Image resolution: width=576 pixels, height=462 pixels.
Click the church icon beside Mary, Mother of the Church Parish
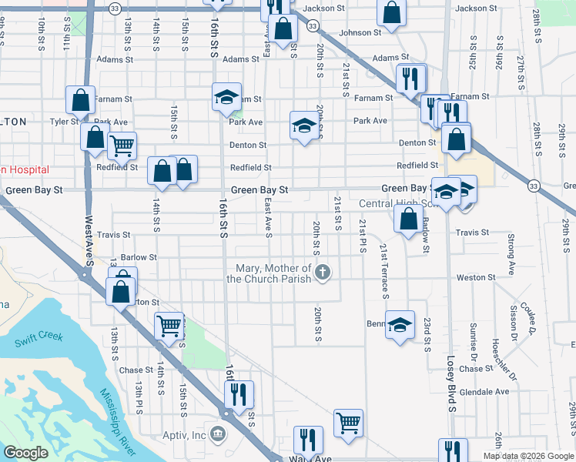coord(324,272)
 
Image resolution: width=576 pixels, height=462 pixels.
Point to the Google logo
coord(25,453)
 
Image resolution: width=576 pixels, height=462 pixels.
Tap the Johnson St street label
coord(360,33)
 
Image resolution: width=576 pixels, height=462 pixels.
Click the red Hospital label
coord(25,169)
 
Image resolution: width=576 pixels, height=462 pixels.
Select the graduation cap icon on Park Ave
coord(304,126)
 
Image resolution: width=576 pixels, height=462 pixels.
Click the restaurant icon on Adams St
coord(409,78)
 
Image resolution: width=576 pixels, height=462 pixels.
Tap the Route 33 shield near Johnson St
coord(312,25)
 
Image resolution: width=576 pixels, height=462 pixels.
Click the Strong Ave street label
coord(511,256)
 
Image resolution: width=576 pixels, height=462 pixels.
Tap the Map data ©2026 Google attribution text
coord(528,455)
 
